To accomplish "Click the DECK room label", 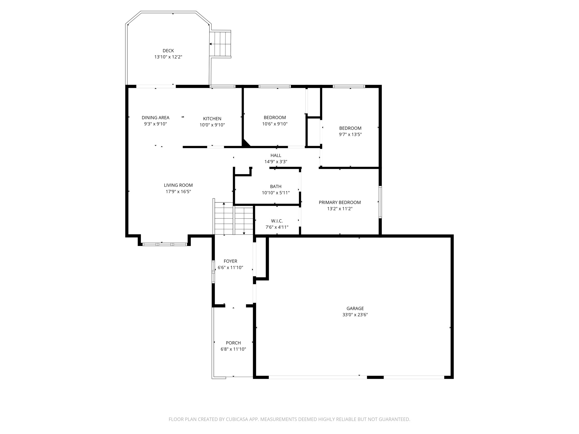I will pyautogui.click(x=168, y=51).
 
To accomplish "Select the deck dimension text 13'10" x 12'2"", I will pyautogui.click(x=168, y=57).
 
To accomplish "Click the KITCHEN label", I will pyautogui.click(x=212, y=119).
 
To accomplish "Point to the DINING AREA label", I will pyautogui.click(x=155, y=118).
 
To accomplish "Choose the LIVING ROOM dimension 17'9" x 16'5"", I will pyautogui.click(x=178, y=191).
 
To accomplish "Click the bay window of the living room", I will pyautogui.click(x=164, y=244).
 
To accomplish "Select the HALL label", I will pyautogui.click(x=276, y=156).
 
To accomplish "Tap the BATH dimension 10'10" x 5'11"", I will pyautogui.click(x=276, y=193).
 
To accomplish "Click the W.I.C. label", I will pyautogui.click(x=277, y=221).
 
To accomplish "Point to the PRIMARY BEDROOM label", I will pyautogui.click(x=340, y=203).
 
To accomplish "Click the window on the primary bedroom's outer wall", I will pyautogui.click(x=380, y=202).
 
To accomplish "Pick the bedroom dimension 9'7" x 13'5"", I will pyautogui.click(x=350, y=134).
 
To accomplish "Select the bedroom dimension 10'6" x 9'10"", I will pyautogui.click(x=275, y=124).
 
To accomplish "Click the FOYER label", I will pyautogui.click(x=230, y=261).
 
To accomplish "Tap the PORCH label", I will pyautogui.click(x=233, y=343).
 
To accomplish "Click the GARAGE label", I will pyautogui.click(x=355, y=309).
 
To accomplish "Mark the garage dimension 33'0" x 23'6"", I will pyautogui.click(x=355, y=315).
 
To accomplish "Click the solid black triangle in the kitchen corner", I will pyautogui.click(x=245, y=144).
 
